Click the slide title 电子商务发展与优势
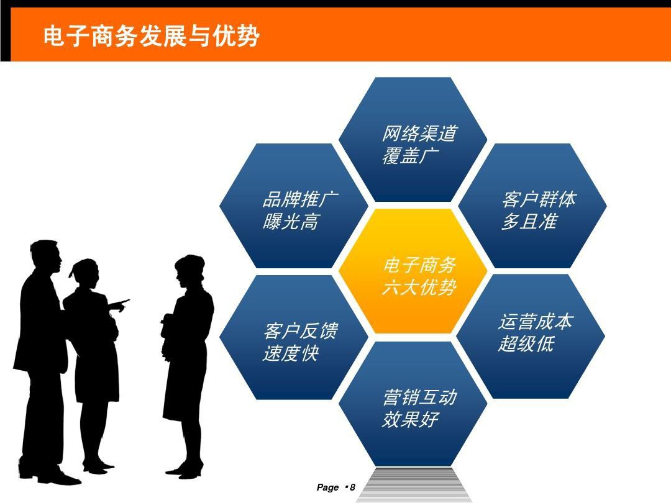pyautogui.click(x=151, y=35)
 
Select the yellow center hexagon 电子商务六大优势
pyautogui.click(x=413, y=271)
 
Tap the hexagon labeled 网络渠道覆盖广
pyautogui.click(x=413, y=140)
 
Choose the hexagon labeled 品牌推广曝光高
pyautogui.click(x=293, y=206)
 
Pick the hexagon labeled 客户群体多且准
pyautogui.click(x=532, y=206)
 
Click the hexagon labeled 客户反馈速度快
pyautogui.click(x=293, y=337)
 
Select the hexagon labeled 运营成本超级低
pyautogui.click(x=531, y=337)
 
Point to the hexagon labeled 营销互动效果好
pyautogui.click(x=413, y=404)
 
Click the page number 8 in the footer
pyautogui.click(x=352, y=487)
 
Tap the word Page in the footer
pyautogui.click(x=328, y=487)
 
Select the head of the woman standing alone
pyautogui.click(x=189, y=271)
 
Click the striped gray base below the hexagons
pyautogui.click(x=413, y=484)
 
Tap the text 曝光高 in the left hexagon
pyautogui.click(x=291, y=222)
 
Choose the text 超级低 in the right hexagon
pyautogui.click(x=526, y=343)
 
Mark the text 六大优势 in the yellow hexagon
pyautogui.click(x=419, y=287)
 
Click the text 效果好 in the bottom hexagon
pyautogui.click(x=411, y=419)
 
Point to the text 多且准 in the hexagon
pyautogui.click(x=529, y=222)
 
